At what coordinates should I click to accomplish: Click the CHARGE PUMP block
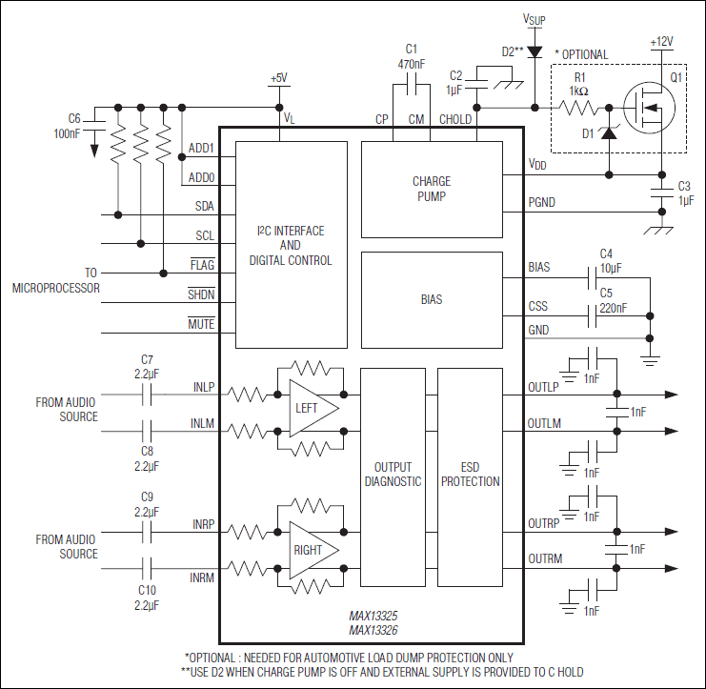432,189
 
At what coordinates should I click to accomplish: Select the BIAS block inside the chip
432,299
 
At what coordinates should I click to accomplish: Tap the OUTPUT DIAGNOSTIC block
393,475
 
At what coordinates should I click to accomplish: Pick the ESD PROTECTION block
470,475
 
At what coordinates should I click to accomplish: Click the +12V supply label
661,42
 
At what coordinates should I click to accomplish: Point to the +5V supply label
278,78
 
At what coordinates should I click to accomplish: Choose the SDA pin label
204,206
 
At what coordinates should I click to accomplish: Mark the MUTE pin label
201,325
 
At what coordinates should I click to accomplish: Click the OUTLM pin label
544,423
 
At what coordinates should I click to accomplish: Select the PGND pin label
541,202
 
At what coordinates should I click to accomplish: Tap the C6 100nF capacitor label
67,127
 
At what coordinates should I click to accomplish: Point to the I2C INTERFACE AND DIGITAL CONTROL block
291,246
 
